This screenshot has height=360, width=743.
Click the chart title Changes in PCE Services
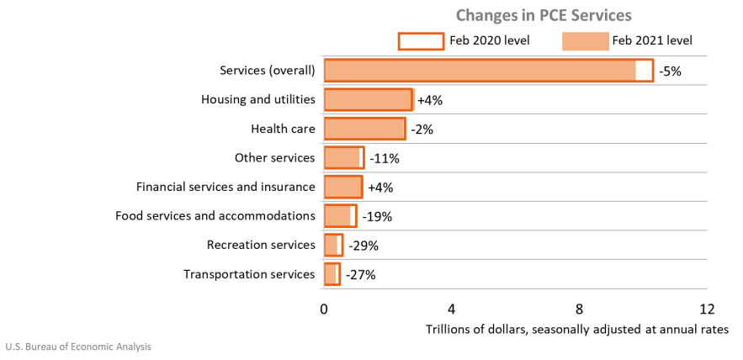544,15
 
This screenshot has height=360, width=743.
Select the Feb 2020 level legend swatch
420,40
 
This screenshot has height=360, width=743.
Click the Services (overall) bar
480,71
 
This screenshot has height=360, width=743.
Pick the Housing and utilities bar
368,100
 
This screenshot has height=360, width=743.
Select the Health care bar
364,129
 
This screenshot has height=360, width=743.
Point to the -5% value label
671,71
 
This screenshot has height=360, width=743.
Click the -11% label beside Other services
384,158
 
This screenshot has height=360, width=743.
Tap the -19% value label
376,216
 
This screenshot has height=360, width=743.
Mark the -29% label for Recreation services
363,246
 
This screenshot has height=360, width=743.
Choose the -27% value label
360,274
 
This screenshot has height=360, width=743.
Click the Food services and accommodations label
215,216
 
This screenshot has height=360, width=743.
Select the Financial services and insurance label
226,187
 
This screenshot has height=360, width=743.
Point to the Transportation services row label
248,274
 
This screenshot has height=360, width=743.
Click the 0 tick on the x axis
324,308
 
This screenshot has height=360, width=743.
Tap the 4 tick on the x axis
452,308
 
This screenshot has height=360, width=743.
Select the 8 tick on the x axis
579,308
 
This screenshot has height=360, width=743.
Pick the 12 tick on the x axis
706,308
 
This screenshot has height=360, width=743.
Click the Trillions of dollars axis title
576,329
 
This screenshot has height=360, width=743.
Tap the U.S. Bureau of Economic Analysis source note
78,347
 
